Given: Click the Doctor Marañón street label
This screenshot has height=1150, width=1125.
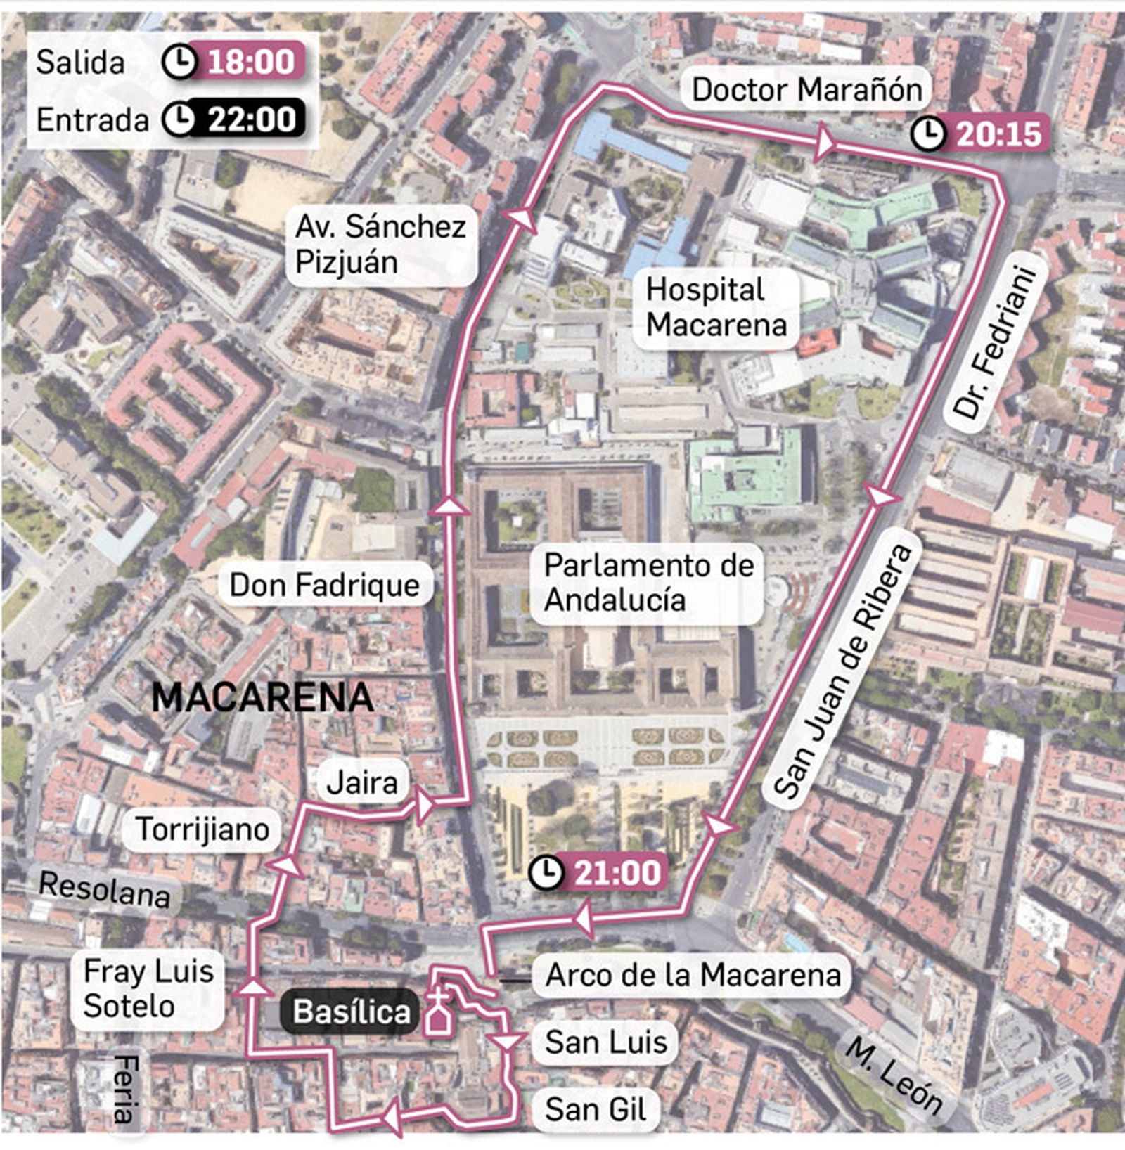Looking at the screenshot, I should tap(806, 89).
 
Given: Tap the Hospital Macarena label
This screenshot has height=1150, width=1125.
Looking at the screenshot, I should tap(716, 307).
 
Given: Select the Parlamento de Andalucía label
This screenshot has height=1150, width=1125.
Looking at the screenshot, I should tap(648, 583).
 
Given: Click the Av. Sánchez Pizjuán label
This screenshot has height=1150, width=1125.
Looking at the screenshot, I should tap(380, 244).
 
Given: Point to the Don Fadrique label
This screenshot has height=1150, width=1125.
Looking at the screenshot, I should tap(324, 585).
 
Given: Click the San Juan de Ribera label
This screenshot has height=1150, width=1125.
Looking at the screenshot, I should tap(843, 671).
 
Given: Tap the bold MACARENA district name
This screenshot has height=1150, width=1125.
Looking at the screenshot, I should tap(262, 697).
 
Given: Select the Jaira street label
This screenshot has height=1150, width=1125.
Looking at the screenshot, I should tap(362, 782).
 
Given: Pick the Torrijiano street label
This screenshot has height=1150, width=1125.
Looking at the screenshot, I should tap(202, 829).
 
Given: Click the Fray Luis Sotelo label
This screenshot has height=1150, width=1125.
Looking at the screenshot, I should tap(148, 989).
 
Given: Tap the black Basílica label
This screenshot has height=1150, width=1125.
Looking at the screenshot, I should tap(352, 1012).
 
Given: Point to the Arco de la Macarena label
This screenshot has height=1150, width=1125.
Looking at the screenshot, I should tap(693, 975).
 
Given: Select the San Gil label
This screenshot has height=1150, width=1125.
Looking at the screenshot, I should tap(595, 1110).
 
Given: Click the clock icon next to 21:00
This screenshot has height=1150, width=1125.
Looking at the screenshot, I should tap(547, 873).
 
